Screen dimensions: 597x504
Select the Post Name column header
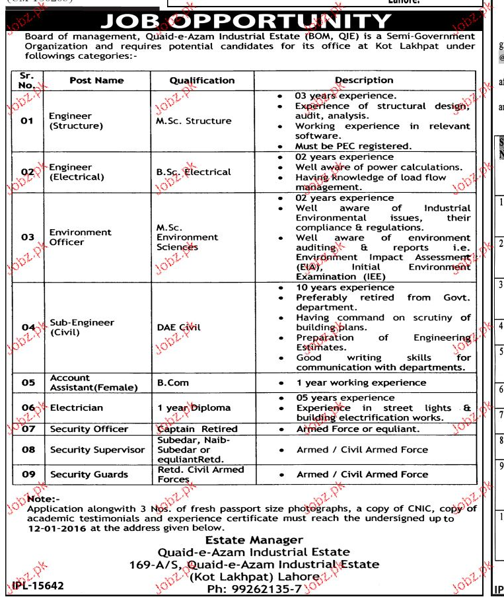click(96, 81)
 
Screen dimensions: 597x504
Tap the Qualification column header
click(201, 81)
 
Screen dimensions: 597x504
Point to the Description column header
click(363, 80)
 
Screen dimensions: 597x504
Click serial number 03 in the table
click(27, 237)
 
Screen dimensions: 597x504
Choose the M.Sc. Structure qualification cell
click(194, 121)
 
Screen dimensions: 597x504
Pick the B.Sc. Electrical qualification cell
click(194, 172)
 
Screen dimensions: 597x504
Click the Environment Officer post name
click(80, 237)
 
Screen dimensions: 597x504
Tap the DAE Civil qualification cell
click(178, 326)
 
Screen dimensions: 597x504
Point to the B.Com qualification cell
click(172, 382)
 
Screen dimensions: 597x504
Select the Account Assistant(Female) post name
click(94, 383)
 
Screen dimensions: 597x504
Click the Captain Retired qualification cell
click(197, 429)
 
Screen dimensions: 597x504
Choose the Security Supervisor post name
click(97, 450)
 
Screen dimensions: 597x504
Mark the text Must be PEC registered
click(353, 146)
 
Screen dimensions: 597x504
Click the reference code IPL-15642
click(38, 586)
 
